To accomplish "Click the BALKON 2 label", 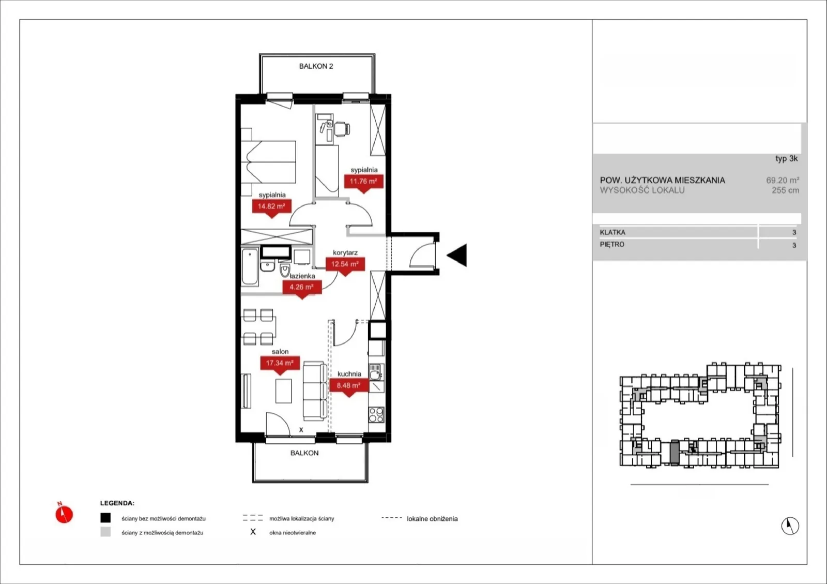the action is tap(316, 66).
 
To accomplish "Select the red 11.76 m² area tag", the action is tap(364, 182).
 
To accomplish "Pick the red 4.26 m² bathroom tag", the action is tap(302, 288).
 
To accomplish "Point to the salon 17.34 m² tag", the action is tap(280, 364).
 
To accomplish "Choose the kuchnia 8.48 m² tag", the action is tap(349, 386).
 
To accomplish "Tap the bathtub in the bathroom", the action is tap(250, 267).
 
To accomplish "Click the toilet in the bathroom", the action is tap(285, 271).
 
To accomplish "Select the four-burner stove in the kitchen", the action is tap(376, 414).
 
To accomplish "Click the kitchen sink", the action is tap(375, 372).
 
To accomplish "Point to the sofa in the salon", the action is tap(315, 391).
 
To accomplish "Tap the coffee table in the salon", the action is tap(283, 391).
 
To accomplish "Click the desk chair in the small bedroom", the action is tap(342, 129).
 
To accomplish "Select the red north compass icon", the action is tap(64, 513).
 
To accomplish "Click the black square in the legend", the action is tap(105, 518).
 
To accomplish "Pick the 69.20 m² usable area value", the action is tap(783, 180).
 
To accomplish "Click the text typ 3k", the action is tap(786, 159).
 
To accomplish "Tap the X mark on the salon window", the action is tap(301, 430).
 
